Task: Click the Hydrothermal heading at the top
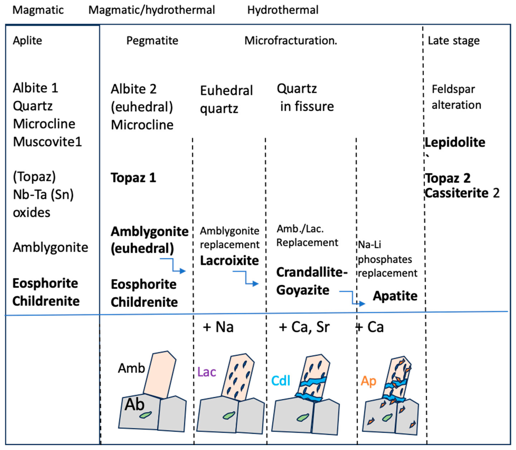[x=283, y=10]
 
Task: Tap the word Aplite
[x=27, y=40]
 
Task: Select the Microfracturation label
[x=291, y=40]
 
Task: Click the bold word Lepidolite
[x=455, y=142]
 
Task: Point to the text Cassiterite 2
[x=462, y=193]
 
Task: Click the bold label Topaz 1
[x=133, y=178]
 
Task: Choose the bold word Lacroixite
[x=229, y=260]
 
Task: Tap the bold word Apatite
[x=395, y=296]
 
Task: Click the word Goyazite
[x=303, y=290]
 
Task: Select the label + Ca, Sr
[x=304, y=327]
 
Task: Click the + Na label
[x=218, y=327]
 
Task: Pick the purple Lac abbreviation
[x=206, y=372]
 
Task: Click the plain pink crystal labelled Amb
[x=160, y=374]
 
